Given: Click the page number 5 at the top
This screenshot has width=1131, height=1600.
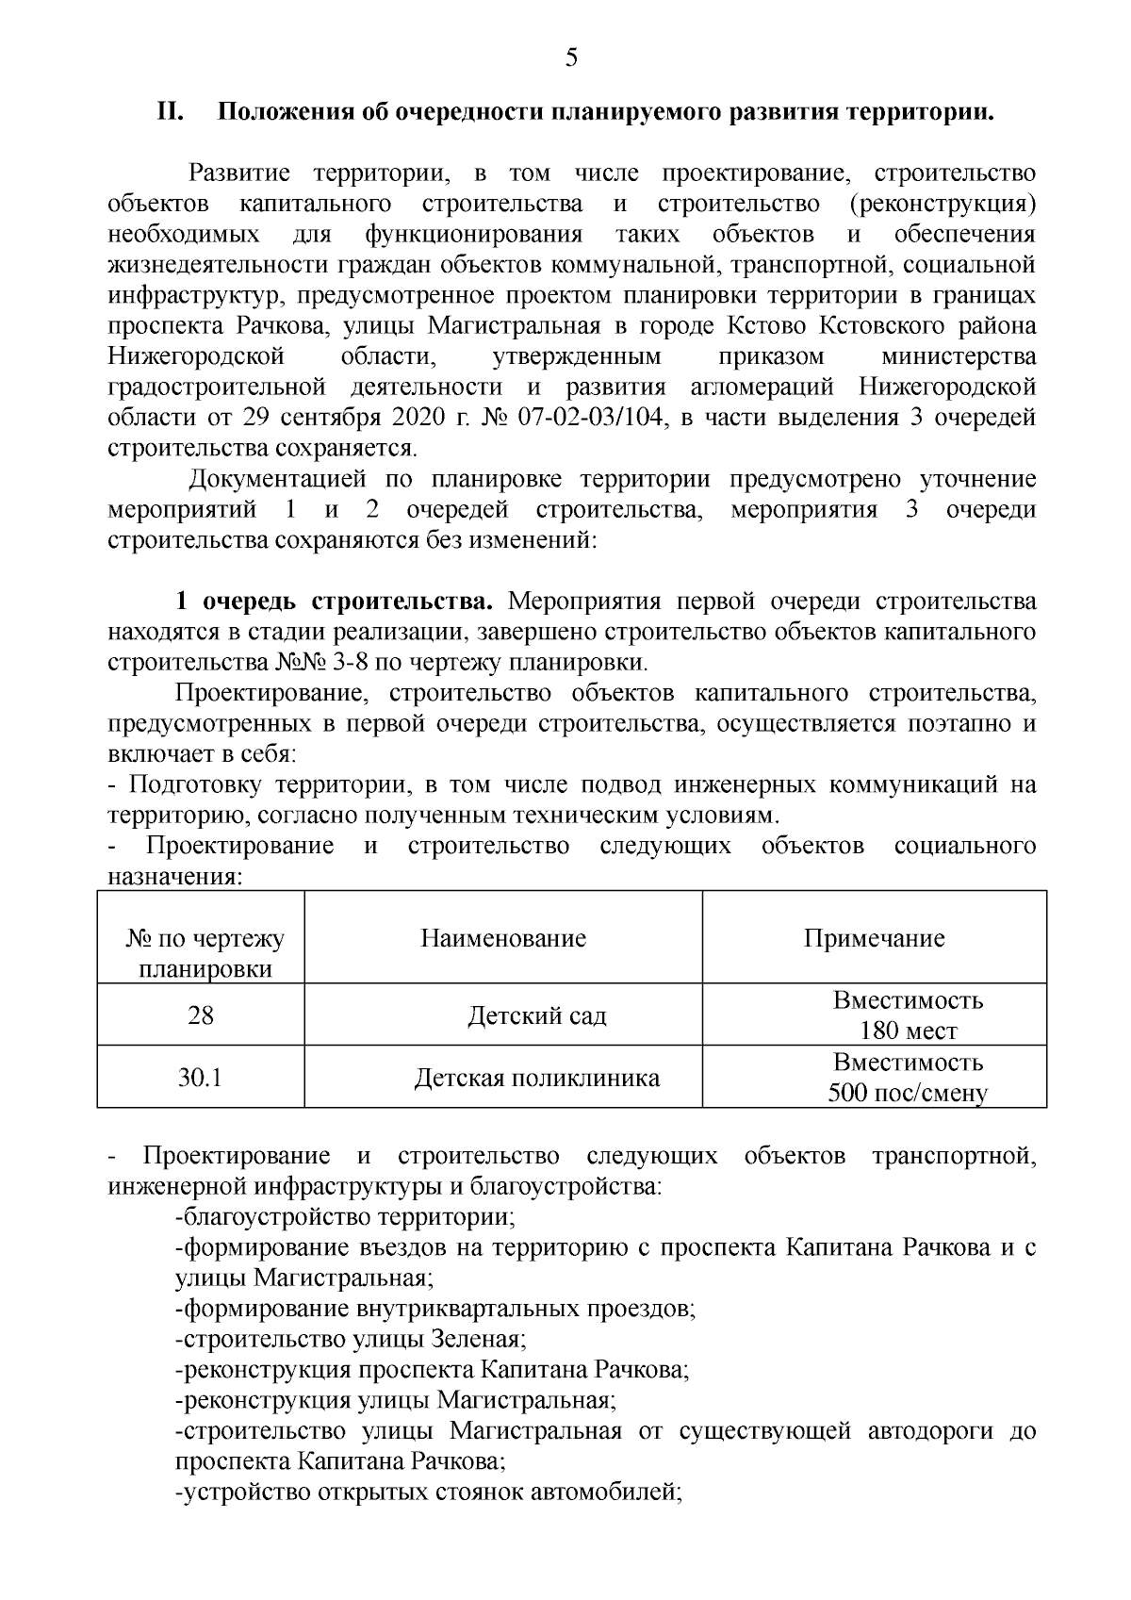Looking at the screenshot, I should coord(571,58).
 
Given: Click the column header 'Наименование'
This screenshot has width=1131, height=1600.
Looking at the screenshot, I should coord(503,938).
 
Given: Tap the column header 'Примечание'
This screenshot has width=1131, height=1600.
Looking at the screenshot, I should coord(874,938).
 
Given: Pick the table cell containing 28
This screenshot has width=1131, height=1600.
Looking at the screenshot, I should coord(201,1015).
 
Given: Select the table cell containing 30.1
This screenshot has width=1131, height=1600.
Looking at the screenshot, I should coord(201,1077).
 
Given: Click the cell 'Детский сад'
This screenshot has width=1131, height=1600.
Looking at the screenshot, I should coord(537,1016).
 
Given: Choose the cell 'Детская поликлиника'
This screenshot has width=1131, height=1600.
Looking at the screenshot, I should coord(537,1078).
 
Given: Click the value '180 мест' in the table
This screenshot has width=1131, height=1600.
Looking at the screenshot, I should coord(908,1031).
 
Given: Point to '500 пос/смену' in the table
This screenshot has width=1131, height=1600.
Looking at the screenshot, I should coord(908,1094).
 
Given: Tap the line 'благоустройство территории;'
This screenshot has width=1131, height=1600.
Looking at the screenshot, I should coord(345,1217).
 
